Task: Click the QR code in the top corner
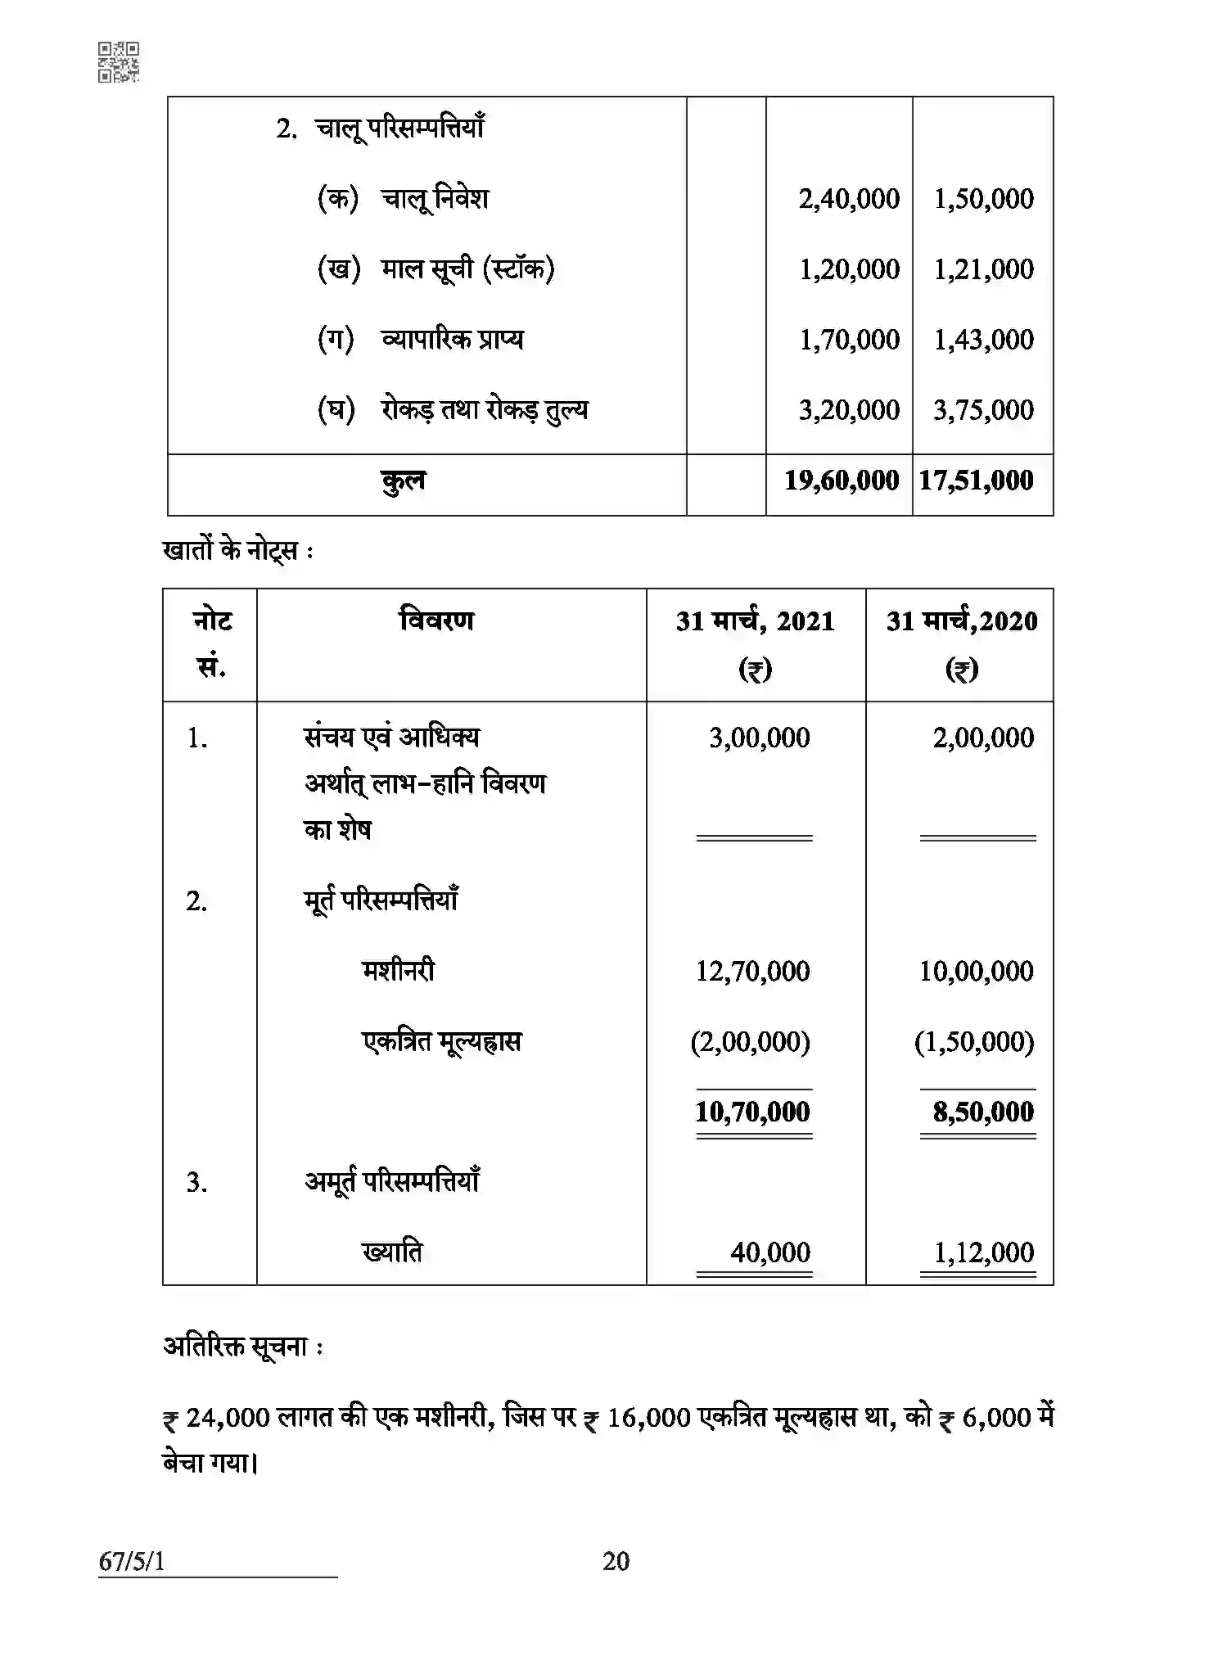click(x=119, y=62)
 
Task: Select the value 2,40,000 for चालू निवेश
click(x=849, y=199)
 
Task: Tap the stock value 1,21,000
click(x=983, y=269)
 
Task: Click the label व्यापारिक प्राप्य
click(x=452, y=339)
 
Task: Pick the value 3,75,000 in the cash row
click(x=983, y=410)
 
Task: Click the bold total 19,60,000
click(x=841, y=481)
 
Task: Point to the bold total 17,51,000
click(x=976, y=481)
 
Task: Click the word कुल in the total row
click(x=403, y=481)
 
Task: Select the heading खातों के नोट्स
click(x=237, y=551)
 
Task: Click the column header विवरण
click(x=436, y=620)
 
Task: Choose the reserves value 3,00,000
click(x=759, y=738)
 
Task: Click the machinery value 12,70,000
click(x=752, y=972)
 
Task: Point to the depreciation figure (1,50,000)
click(x=974, y=1042)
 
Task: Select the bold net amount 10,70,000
click(x=752, y=1112)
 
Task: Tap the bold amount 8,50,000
click(x=983, y=1112)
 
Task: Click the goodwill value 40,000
click(x=770, y=1252)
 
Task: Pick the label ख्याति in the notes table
click(x=392, y=1252)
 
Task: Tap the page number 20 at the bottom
click(x=616, y=1561)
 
